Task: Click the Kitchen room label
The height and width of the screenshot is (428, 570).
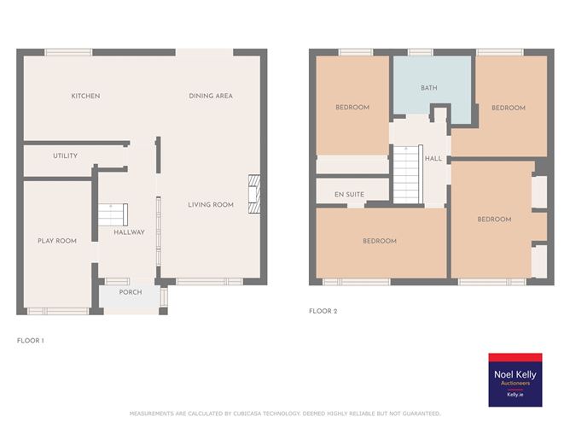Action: coord(85,96)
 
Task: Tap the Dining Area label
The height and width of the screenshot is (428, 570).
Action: coord(211,96)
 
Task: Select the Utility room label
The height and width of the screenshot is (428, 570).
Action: coord(66,155)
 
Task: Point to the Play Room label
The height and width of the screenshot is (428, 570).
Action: coord(57,241)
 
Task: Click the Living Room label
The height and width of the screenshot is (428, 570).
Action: coord(211,205)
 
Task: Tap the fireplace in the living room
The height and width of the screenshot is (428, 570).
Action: coord(254,194)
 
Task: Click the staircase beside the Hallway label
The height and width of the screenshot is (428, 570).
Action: coord(113,214)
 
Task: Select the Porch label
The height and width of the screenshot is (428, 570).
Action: coord(131,292)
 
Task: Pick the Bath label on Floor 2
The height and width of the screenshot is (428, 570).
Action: coord(429,88)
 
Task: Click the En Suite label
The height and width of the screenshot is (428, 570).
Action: coord(349,195)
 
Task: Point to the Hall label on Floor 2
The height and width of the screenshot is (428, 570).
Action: coord(433,159)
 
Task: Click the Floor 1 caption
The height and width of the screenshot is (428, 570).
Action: coord(31,341)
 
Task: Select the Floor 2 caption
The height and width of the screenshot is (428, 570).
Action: coord(323,311)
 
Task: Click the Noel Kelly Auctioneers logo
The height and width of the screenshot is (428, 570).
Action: coord(515,380)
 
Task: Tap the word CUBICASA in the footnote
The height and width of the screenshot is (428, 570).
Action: coord(247,413)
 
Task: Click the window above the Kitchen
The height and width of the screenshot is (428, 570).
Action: coord(68,52)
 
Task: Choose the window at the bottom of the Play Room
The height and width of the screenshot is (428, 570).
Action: coord(58,312)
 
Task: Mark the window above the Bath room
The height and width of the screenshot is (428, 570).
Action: coord(421,52)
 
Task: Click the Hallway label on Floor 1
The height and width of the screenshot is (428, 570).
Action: coord(130,232)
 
